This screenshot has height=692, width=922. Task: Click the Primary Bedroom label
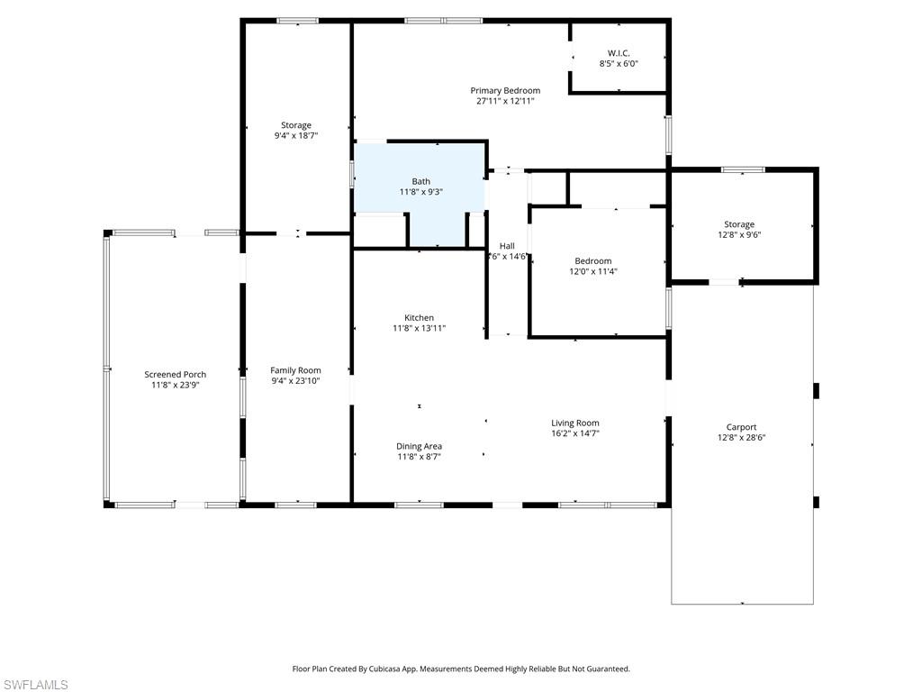505,90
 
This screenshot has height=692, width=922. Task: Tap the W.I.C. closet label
619,53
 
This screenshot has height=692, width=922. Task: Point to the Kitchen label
419,317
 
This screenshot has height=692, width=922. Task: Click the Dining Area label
419,446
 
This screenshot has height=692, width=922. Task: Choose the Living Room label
575,423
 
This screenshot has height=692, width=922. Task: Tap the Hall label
507,245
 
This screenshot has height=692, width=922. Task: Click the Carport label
741,427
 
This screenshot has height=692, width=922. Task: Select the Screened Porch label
175,374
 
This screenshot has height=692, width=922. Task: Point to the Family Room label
295,370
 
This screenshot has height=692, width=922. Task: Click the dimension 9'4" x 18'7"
296,136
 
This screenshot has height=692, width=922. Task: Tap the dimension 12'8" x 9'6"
739,235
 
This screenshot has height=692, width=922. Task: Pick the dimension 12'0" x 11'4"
593,271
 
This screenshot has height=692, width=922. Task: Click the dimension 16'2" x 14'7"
575,433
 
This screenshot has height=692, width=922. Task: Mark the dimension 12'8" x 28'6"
741,438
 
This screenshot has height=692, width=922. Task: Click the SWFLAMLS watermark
34,685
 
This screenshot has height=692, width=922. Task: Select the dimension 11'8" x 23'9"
175,385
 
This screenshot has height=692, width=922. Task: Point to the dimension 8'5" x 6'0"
619,64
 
